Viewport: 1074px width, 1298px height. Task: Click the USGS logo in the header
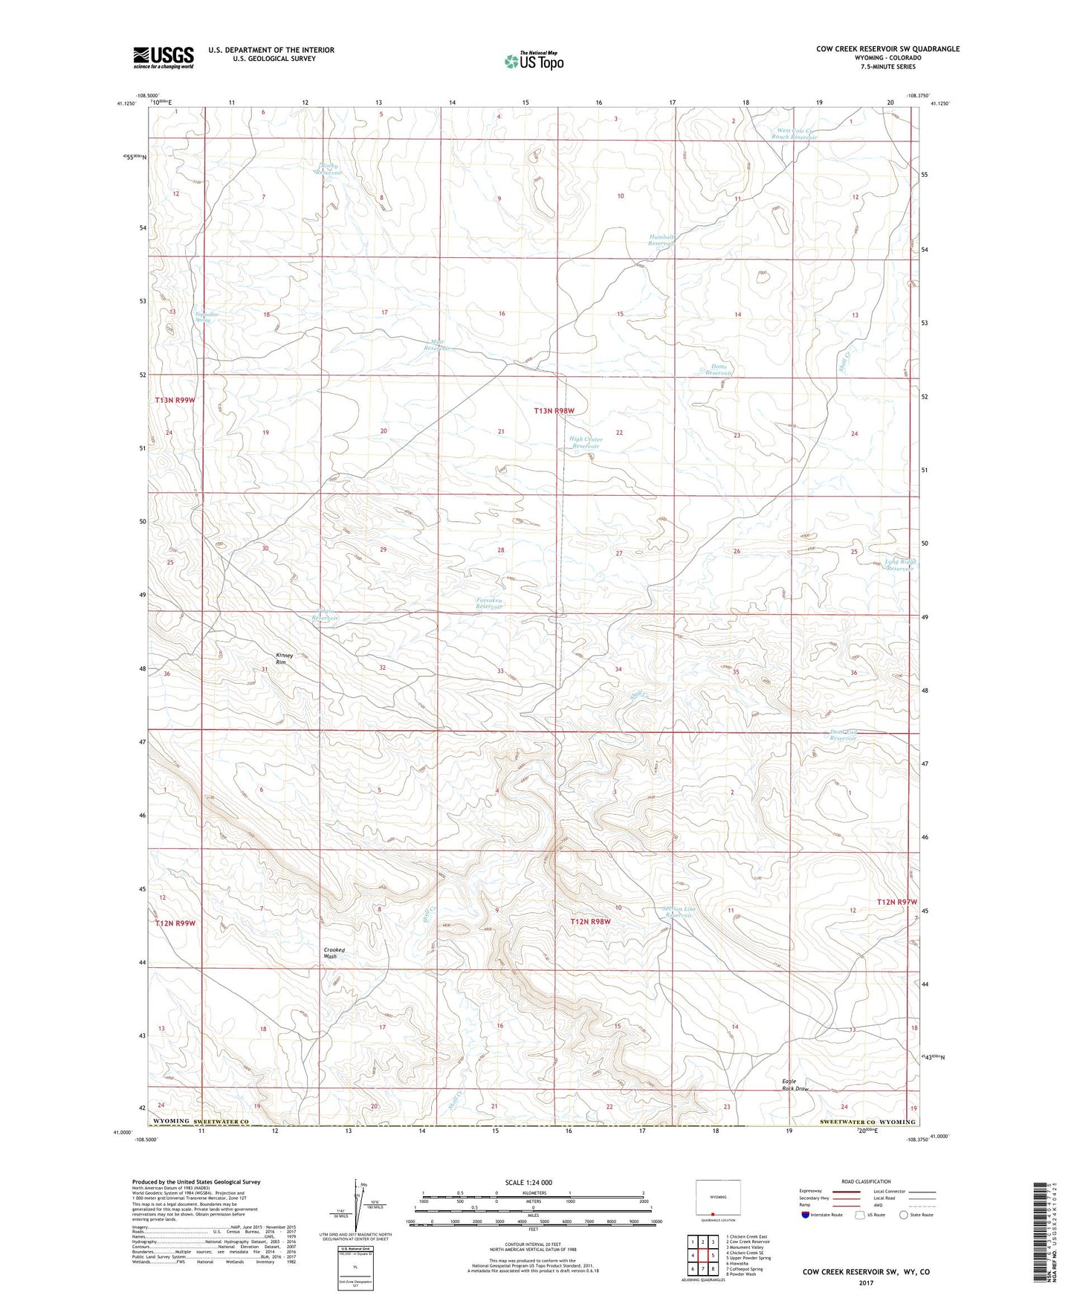click(x=164, y=56)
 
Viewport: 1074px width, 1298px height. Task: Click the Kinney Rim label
click(x=285, y=658)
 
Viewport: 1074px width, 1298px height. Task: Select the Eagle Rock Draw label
click(x=795, y=1085)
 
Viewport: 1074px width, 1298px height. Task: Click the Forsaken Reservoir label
click(x=489, y=603)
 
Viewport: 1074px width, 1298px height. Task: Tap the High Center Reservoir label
click(x=586, y=442)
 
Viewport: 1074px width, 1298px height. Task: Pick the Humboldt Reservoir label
click(x=661, y=240)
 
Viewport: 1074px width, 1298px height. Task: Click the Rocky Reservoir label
click(x=329, y=169)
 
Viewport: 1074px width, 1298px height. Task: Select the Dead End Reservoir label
click(x=844, y=735)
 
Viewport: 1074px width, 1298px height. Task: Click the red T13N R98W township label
click(x=554, y=410)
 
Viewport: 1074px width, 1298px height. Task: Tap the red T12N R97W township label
click(x=897, y=902)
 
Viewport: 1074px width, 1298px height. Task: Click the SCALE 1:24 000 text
click(x=528, y=1183)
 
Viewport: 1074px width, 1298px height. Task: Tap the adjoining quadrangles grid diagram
click(x=702, y=1256)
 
